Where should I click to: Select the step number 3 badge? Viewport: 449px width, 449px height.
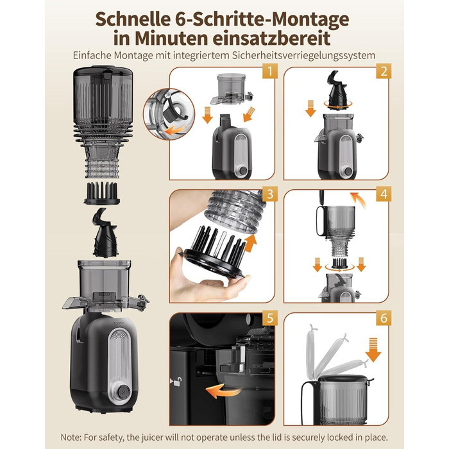(270, 194)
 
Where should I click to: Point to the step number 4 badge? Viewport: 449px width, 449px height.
(384, 194)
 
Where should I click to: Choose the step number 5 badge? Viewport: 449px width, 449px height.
(270, 318)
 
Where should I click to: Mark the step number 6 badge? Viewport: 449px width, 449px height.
(384, 318)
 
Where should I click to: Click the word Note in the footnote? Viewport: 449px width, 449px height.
(71, 437)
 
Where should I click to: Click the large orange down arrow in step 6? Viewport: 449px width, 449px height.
(373, 350)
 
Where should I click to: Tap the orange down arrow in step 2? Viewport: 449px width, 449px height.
(310, 108)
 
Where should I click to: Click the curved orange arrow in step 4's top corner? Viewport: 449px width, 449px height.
(359, 200)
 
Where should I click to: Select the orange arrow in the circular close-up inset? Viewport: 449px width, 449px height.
(175, 131)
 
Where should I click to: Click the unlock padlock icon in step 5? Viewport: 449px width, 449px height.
(178, 381)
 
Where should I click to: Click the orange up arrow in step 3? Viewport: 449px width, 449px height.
(251, 243)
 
